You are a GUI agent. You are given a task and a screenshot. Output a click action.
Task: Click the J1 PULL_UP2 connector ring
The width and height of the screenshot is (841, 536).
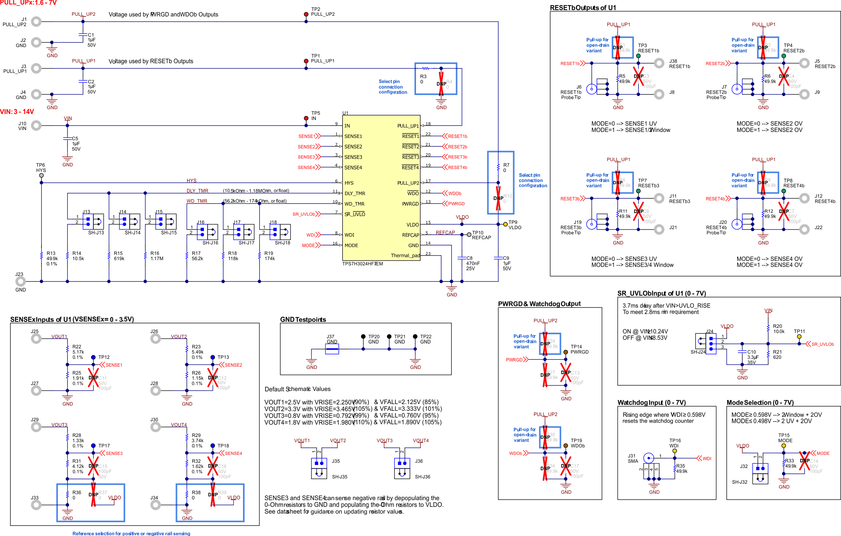(36, 22)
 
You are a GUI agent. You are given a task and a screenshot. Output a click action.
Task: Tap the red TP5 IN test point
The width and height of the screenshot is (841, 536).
(306, 118)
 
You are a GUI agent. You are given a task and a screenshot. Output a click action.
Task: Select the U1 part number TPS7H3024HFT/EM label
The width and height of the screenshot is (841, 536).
(362, 264)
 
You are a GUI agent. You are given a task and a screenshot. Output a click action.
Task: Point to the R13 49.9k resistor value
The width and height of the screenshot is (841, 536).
(52, 258)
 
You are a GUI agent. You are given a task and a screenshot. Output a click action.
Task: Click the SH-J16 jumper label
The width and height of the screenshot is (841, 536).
(210, 243)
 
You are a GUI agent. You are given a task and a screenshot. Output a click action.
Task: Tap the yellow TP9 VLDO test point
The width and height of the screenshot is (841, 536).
(505, 224)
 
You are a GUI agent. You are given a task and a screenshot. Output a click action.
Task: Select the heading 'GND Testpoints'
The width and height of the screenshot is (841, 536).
(303, 320)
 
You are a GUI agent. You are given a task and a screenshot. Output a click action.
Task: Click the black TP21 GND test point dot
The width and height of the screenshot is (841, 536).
(389, 337)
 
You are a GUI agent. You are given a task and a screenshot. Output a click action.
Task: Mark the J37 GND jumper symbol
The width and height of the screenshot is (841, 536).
(332, 349)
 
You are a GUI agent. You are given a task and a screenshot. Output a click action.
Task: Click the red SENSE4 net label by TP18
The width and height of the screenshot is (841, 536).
(233, 453)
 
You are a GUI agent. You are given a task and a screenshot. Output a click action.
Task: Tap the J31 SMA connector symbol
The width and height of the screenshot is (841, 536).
(649, 458)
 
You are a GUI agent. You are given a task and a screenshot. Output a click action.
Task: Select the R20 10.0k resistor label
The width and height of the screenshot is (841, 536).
(778, 329)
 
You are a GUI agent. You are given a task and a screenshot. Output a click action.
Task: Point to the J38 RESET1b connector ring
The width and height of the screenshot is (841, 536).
(659, 63)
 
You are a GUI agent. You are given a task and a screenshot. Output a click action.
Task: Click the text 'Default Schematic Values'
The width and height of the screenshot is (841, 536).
(297, 389)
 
